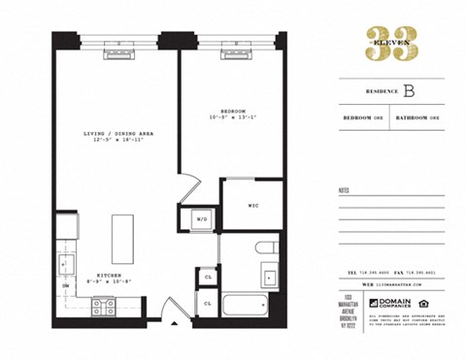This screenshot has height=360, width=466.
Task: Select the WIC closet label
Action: (252, 206)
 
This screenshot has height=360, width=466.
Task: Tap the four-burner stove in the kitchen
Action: (103, 308)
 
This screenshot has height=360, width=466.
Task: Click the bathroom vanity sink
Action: (269, 277)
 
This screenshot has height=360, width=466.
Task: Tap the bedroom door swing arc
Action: (190, 183)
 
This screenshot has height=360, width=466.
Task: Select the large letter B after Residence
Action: (411, 92)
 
